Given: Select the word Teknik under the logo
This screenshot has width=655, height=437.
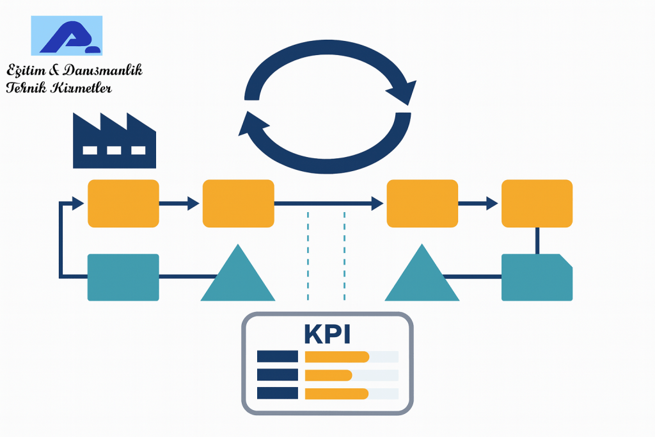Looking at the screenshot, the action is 26,88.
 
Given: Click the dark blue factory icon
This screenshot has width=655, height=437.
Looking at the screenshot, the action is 114,140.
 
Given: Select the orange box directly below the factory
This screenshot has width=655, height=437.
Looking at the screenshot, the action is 123,203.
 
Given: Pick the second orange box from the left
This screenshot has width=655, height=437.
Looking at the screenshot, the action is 238,203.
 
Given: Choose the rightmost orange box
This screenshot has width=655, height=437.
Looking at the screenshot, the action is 537,203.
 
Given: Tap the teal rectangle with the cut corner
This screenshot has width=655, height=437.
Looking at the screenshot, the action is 537,277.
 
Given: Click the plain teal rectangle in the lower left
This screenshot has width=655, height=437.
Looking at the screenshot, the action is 123,277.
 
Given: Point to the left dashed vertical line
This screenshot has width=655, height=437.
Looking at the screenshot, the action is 308,256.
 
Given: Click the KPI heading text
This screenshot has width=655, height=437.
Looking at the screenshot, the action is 327,334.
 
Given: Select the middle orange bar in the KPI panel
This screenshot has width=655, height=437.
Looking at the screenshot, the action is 328,375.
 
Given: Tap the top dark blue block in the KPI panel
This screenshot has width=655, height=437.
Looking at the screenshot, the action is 278,357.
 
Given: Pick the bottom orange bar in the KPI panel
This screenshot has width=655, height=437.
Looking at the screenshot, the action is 336,394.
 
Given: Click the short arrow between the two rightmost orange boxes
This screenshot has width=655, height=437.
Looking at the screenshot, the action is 478,204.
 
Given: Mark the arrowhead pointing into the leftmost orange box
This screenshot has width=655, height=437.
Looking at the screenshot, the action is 78,203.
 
